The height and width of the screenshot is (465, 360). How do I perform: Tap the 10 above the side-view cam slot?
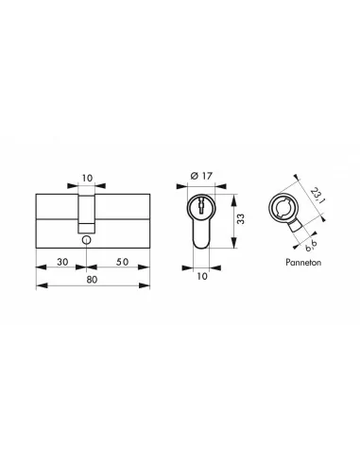point(86,177)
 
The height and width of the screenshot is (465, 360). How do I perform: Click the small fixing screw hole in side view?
point(86,240)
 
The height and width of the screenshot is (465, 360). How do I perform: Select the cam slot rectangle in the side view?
point(86,212)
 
